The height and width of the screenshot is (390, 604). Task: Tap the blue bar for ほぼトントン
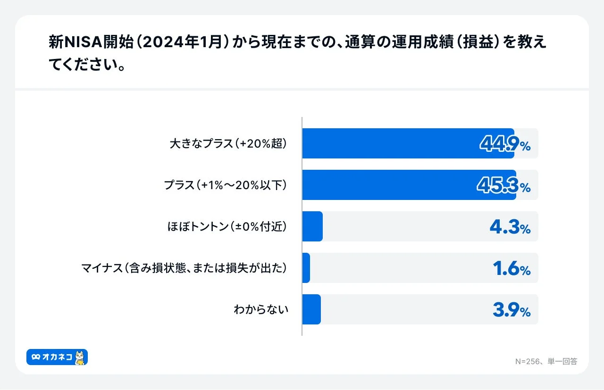(x=312, y=226)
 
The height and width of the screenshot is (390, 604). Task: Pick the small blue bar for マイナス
(x=306, y=268)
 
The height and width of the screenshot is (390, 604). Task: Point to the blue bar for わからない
(x=311, y=309)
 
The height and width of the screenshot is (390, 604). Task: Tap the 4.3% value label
(x=510, y=227)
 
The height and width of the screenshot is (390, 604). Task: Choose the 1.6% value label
(x=512, y=269)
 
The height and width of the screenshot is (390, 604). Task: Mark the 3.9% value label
(x=512, y=310)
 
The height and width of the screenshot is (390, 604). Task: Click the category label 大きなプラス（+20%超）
(x=228, y=144)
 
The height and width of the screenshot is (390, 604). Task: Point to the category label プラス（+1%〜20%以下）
(x=226, y=185)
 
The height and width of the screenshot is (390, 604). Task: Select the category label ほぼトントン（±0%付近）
(x=227, y=227)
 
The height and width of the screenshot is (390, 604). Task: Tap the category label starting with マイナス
(x=184, y=268)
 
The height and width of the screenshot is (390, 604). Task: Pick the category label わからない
(x=261, y=310)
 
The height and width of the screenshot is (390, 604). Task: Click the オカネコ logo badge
(x=57, y=357)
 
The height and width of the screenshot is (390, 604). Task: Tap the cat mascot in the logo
(x=79, y=357)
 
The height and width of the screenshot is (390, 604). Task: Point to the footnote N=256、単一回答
(x=546, y=362)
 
